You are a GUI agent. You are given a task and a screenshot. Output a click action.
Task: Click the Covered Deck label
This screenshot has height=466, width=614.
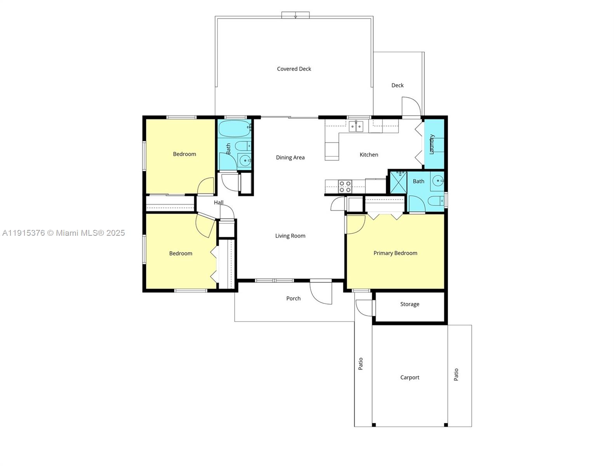(x=294, y=69)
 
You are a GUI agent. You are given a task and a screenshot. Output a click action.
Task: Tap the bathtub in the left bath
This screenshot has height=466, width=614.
(x=234, y=128)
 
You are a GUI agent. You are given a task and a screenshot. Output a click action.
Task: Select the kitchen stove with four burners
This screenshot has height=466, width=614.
(x=345, y=186)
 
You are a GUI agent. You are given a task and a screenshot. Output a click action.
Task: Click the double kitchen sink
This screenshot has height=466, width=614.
(x=356, y=126)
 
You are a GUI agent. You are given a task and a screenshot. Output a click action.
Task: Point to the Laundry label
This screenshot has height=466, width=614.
(x=431, y=144)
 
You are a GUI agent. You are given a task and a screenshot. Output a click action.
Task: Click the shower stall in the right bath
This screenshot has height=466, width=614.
(x=398, y=183)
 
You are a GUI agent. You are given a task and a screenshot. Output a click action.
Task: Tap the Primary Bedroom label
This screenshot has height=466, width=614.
(x=395, y=253)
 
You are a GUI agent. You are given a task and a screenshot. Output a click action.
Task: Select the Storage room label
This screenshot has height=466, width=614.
(x=410, y=304)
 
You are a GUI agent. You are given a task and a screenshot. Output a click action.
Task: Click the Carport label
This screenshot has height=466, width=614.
(x=410, y=377)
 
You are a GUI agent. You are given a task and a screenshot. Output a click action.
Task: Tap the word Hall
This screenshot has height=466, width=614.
(x=219, y=202)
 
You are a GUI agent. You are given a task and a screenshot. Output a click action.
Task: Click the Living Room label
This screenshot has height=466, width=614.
(x=290, y=236)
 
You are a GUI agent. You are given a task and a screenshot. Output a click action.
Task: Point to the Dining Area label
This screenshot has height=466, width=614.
(x=290, y=157)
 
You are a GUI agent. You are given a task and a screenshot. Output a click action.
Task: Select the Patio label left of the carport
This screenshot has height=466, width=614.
(x=361, y=363)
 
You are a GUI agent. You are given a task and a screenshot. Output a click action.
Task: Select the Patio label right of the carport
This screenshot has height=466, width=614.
(x=456, y=374)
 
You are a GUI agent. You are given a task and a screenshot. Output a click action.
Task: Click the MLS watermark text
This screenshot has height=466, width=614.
(x=63, y=233)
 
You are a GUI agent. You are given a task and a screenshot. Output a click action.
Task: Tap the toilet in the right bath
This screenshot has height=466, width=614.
(x=435, y=201)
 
